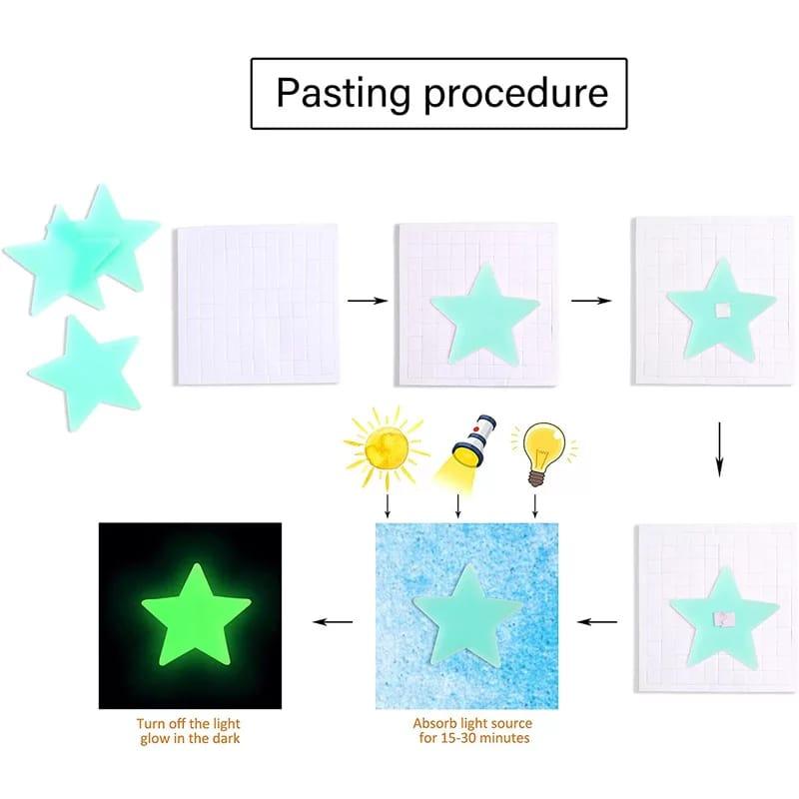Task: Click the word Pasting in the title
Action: pos(343,93)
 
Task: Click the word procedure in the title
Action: pos(515,95)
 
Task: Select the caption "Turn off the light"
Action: pos(189,723)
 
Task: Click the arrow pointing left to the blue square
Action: pos(598,621)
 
